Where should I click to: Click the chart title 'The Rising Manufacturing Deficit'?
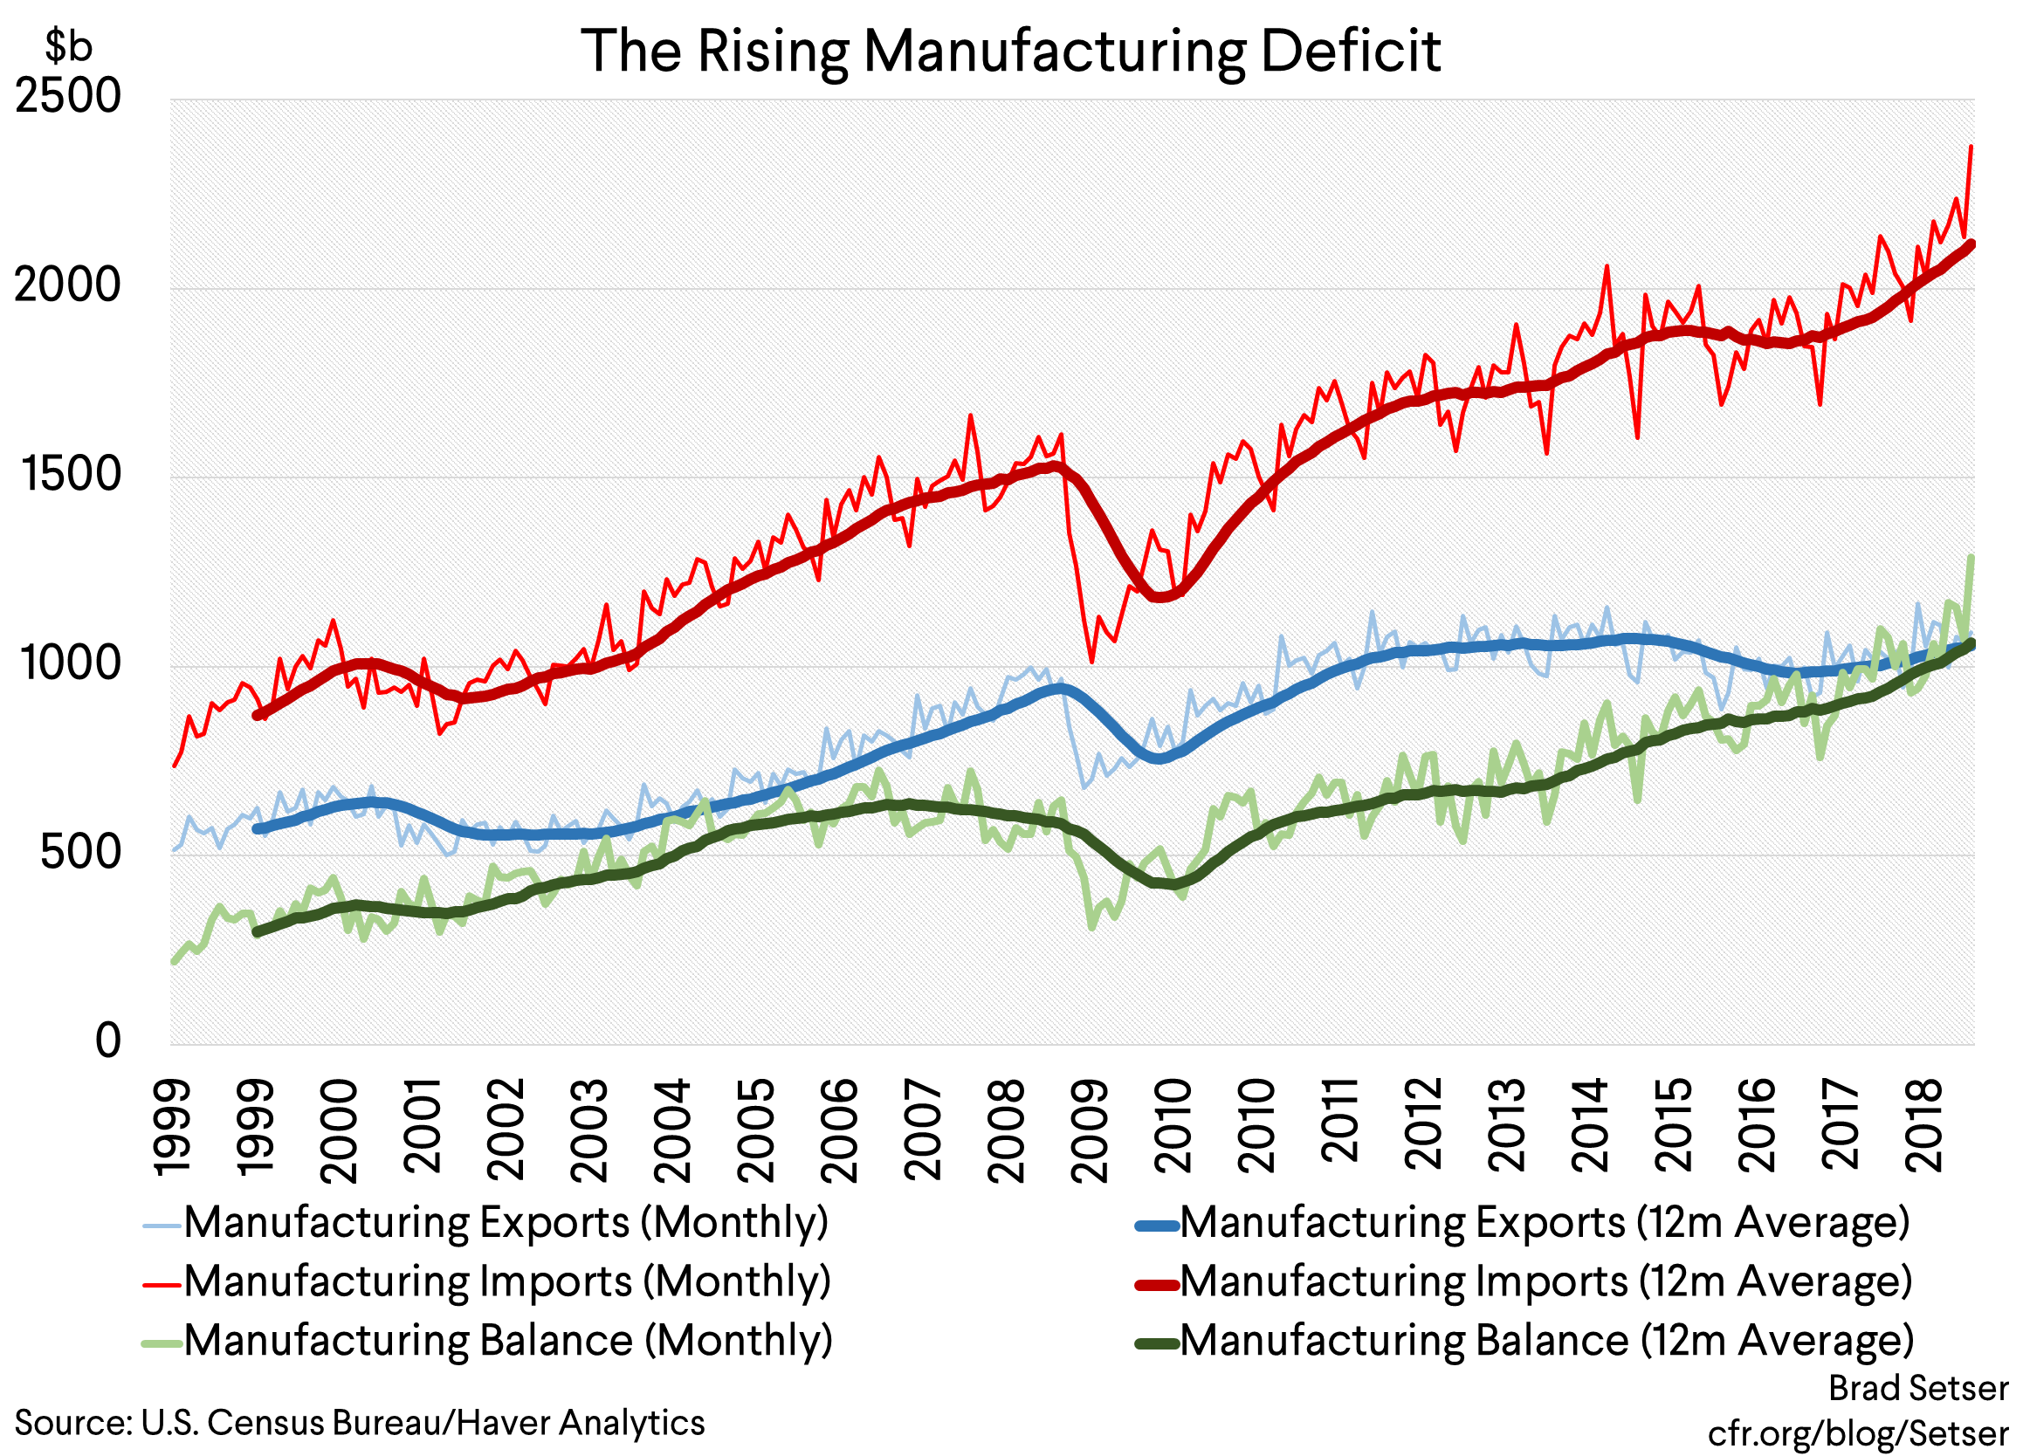click(x=1010, y=51)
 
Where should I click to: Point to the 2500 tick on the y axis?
click(x=68, y=96)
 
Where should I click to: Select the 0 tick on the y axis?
click(x=108, y=1040)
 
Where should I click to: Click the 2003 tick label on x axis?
click(x=588, y=1130)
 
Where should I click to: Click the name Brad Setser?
click(x=1917, y=1388)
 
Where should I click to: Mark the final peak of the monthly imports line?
click(x=1971, y=148)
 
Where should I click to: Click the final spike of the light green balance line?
click(x=1971, y=558)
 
